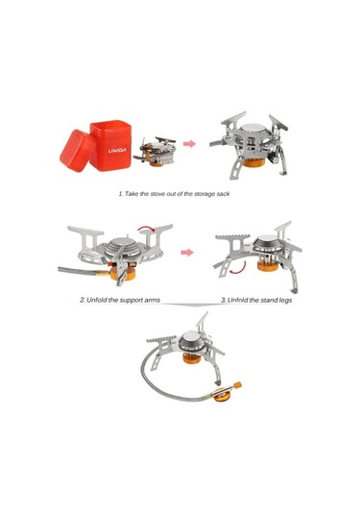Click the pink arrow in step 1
click(x=189, y=143)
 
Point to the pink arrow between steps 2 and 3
click(x=188, y=254)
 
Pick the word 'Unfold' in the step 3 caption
click(x=238, y=300)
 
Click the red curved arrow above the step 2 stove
click(x=145, y=229)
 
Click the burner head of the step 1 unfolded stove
click(x=256, y=135)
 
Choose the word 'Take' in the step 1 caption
click(x=132, y=193)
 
